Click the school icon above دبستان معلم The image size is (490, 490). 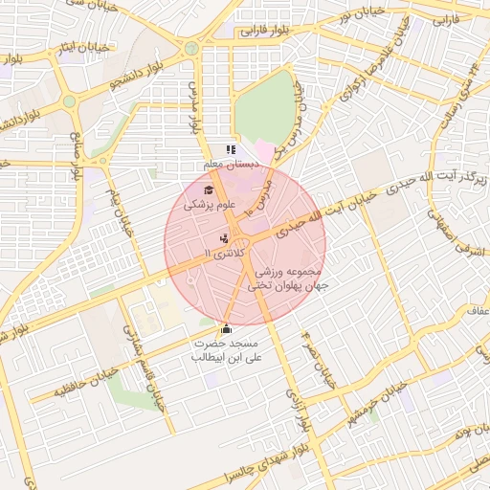click(230, 149)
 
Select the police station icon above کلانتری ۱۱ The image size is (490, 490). click(224, 237)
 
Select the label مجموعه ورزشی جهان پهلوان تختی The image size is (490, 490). click(288, 278)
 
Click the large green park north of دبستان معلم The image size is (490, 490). click(265, 107)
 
